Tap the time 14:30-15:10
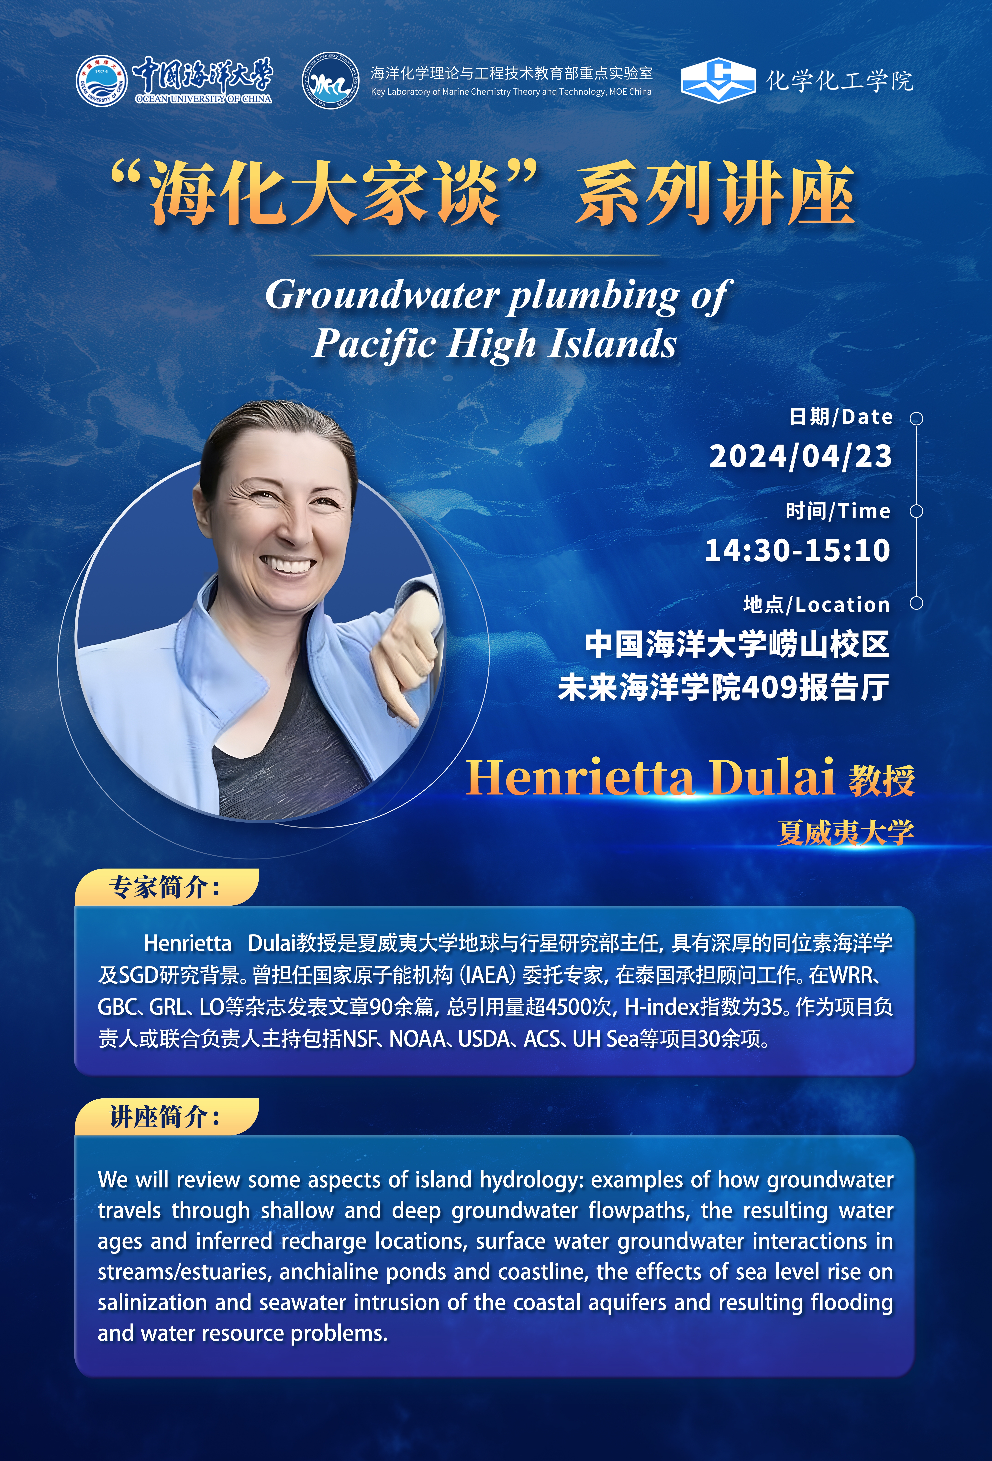pyautogui.click(x=798, y=550)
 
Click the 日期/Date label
pyautogui.click(x=841, y=417)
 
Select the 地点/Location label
pyautogui.click(x=817, y=605)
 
